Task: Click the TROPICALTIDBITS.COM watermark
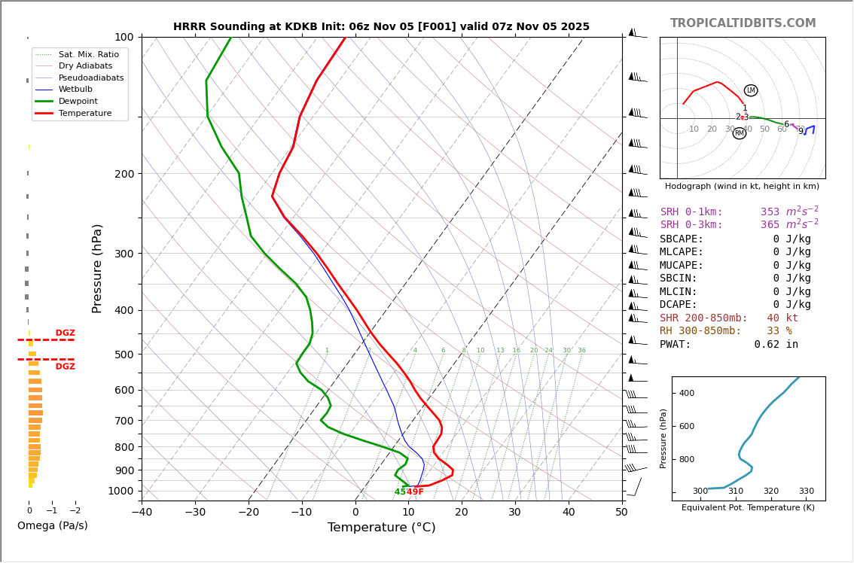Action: pyautogui.click(x=743, y=23)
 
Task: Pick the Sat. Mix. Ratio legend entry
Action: pyautogui.click(x=88, y=54)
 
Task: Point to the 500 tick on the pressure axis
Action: pyautogui.click(x=124, y=355)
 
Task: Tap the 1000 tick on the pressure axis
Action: pyautogui.click(x=121, y=491)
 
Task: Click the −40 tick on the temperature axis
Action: pyautogui.click(x=142, y=513)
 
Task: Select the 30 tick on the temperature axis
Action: pyautogui.click(x=515, y=513)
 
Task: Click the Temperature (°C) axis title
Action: pyautogui.click(x=381, y=528)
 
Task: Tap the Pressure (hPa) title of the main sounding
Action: pyautogui.click(x=97, y=268)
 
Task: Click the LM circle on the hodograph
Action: pyautogui.click(x=751, y=90)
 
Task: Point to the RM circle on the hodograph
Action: pyautogui.click(x=740, y=133)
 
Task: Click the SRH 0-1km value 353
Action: pyautogui.click(x=770, y=212)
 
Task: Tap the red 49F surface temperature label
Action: pyautogui.click(x=415, y=492)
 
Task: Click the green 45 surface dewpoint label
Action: pyautogui.click(x=400, y=492)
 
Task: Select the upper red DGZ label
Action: pyautogui.click(x=65, y=333)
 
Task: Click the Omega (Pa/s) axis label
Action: pyautogui.click(x=53, y=525)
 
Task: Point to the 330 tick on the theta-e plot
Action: pyautogui.click(x=806, y=491)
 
